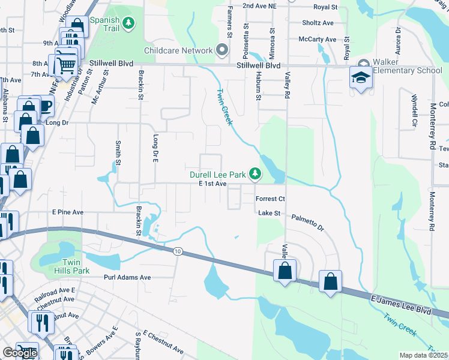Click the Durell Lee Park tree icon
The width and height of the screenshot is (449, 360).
click(256, 174)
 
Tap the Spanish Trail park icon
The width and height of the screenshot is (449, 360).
click(128, 23)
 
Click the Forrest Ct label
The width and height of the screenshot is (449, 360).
click(270, 199)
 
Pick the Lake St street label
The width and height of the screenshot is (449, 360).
click(270, 213)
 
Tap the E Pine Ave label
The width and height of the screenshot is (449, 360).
click(68, 212)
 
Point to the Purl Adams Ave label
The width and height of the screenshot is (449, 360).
click(127, 278)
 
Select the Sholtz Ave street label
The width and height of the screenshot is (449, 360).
click(318, 23)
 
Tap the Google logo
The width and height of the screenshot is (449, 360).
click(19, 353)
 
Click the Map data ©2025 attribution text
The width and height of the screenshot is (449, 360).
click(424, 355)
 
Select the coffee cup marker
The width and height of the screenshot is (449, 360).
click(45, 106)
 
